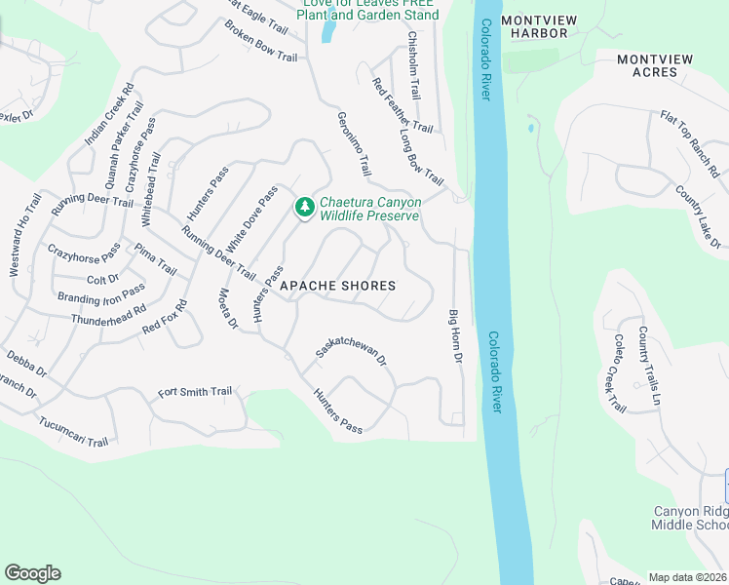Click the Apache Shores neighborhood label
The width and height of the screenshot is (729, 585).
338,286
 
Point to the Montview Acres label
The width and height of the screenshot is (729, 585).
655,65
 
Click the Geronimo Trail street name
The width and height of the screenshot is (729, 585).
355,143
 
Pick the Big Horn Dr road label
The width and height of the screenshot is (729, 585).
454,336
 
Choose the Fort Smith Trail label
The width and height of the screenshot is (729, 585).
195,392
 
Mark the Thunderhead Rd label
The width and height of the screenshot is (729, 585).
107,313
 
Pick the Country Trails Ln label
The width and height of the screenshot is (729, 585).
649,366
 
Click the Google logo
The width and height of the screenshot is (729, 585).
32,573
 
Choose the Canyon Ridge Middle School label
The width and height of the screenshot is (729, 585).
689,518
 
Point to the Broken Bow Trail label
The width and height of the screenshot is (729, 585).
260,43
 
